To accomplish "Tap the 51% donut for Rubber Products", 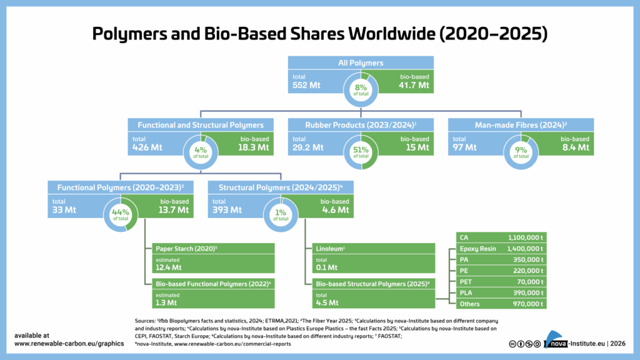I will (361, 150).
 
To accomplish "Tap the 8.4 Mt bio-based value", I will (574, 147).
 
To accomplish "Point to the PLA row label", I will (465, 292).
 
